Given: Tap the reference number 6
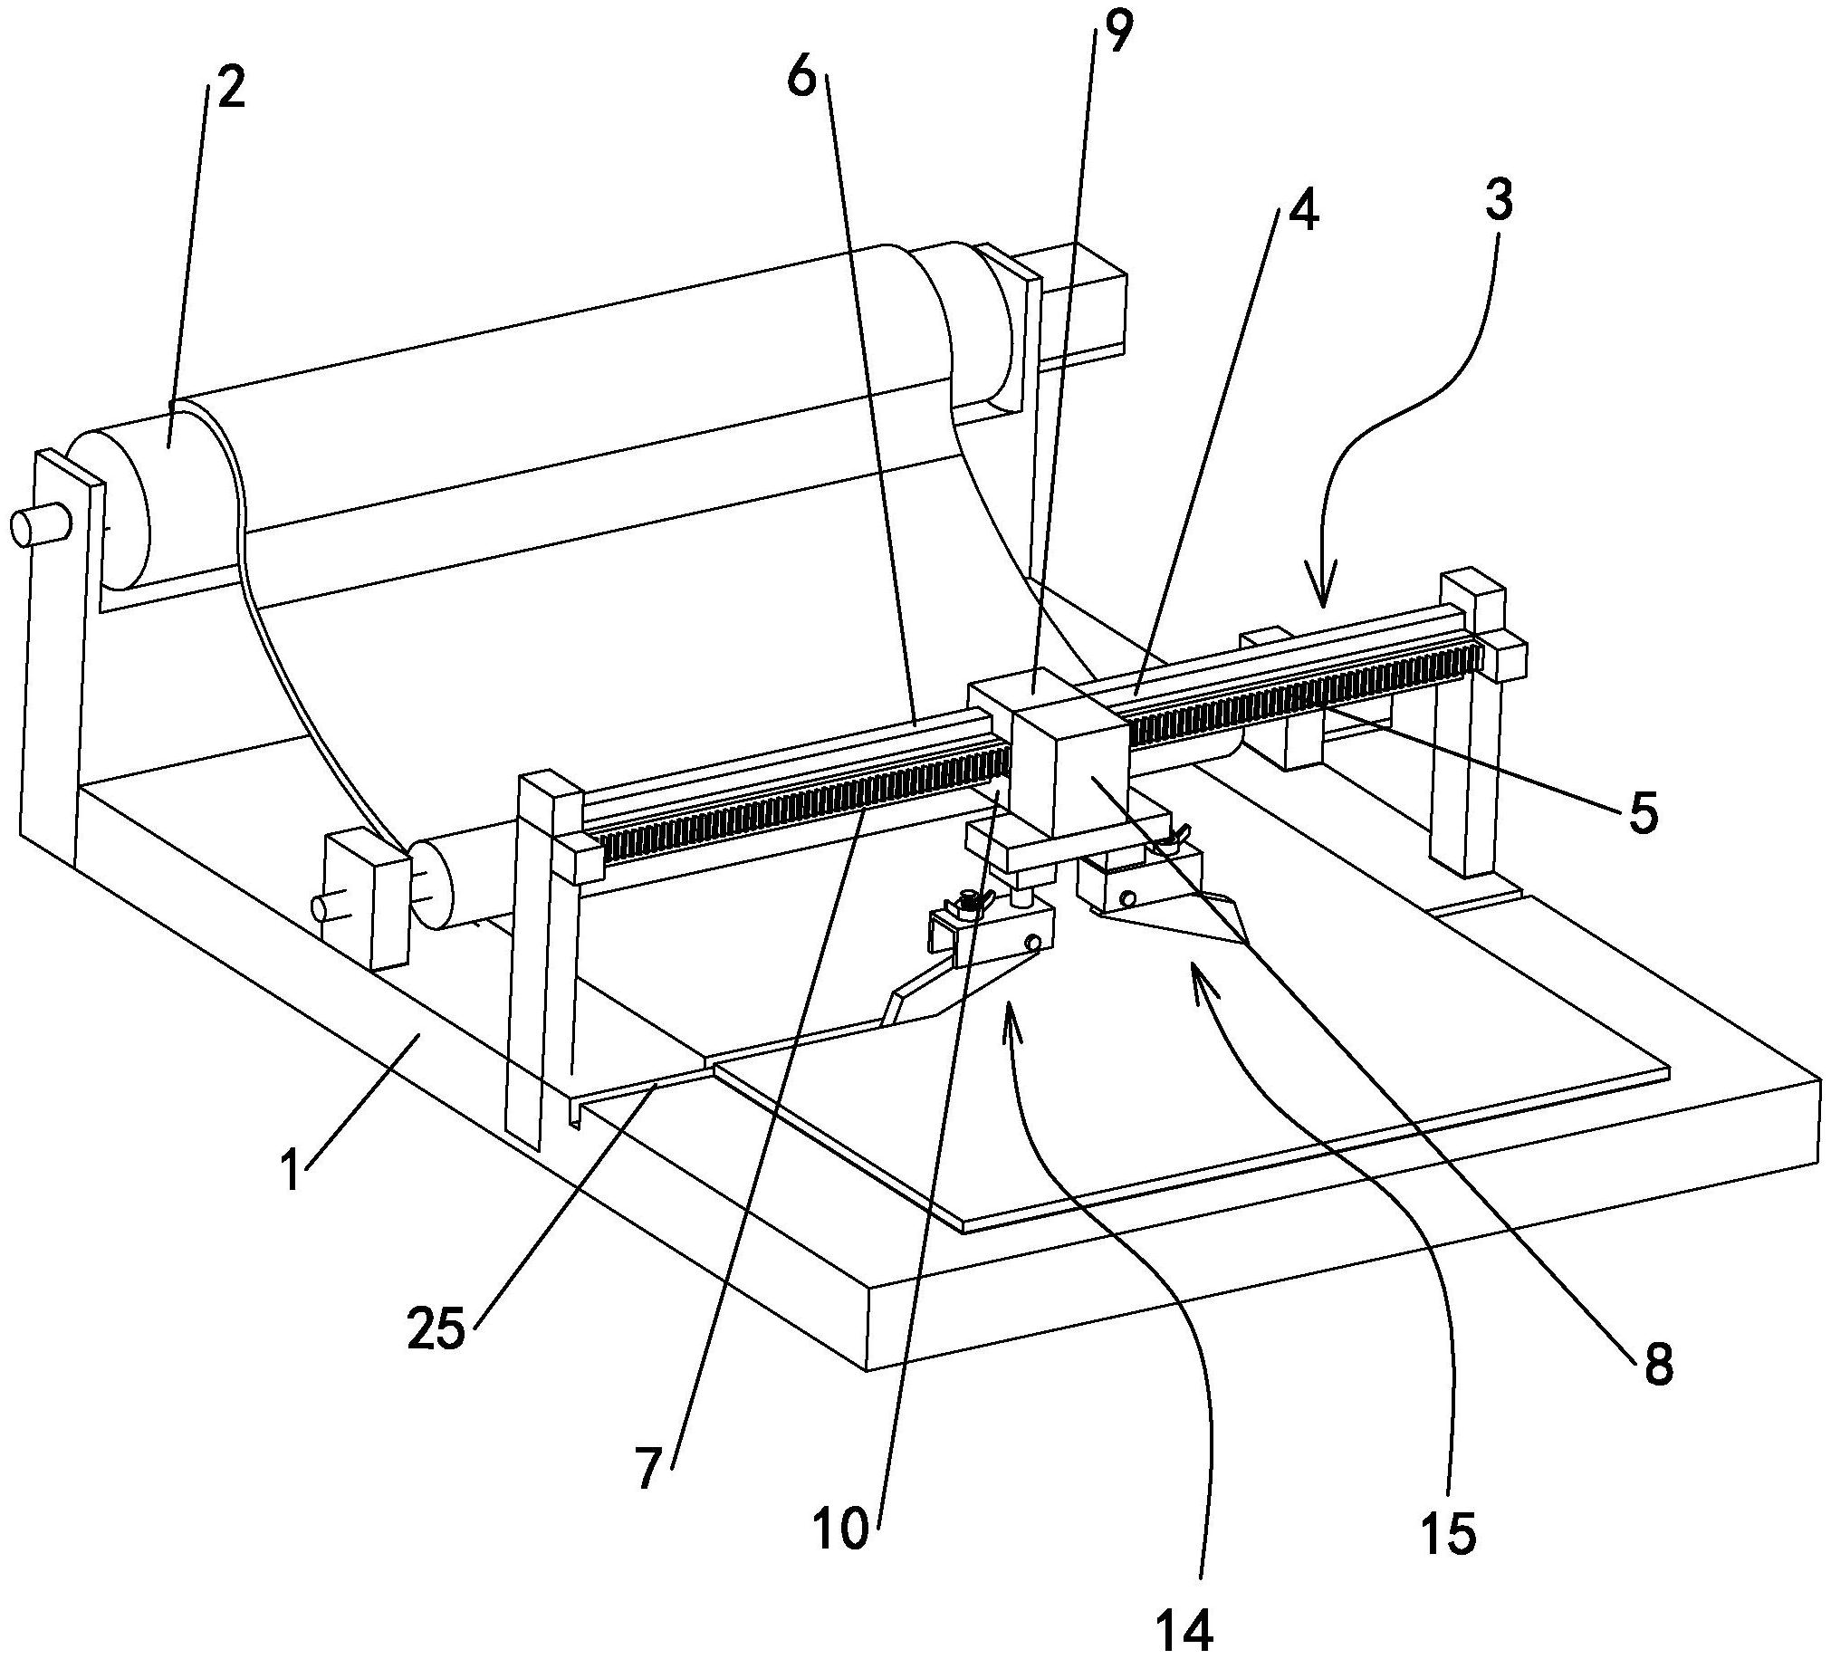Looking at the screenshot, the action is (x=803, y=79).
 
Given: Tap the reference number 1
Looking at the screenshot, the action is (x=292, y=1170).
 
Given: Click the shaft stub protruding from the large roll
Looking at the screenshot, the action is (x=41, y=526).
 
